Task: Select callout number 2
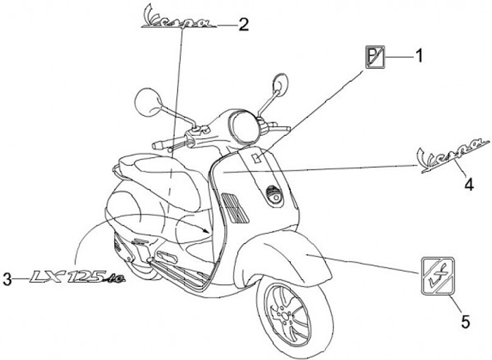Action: click(243, 25)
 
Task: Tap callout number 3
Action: click(8, 278)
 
